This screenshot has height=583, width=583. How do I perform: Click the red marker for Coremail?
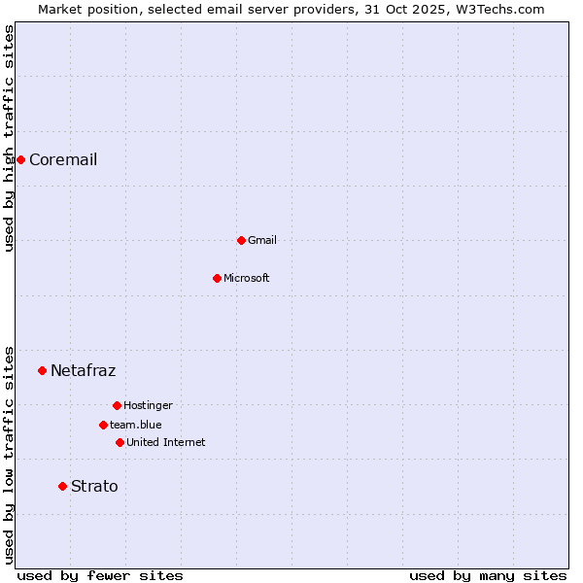click(x=20, y=159)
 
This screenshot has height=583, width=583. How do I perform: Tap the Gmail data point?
click(x=241, y=240)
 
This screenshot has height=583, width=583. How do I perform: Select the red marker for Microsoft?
click(x=217, y=278)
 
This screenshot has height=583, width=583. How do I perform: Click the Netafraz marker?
click(x=42, y=370)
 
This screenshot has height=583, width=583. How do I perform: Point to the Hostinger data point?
click(x=117, y=405)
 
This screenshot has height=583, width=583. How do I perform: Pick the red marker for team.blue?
click(x=103, y=425)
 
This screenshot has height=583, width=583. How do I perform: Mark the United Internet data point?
click(x=120, y=442)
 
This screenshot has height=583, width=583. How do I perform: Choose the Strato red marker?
click(x=62, y=486)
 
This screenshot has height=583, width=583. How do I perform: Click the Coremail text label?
click(x=63, y=159)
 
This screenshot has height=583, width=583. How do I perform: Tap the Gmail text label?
click(x=262, y=240)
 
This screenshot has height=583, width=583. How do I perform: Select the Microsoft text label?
click(x=247, y=278)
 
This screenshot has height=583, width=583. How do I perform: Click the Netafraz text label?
click(x=83, y=370)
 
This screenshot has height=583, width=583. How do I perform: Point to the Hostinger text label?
click(x=148, y=405)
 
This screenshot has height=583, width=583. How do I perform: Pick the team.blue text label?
click(x=136, y=425)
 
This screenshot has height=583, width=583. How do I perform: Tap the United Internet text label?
click(x=166, y=442)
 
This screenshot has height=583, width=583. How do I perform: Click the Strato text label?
click(x=94, y=486)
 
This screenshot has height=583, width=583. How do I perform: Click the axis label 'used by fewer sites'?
click(x=100, y=575)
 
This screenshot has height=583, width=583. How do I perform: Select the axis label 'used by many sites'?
click(x=488, y=575)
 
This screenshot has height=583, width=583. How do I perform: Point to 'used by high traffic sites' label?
click(x=10, y=138)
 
